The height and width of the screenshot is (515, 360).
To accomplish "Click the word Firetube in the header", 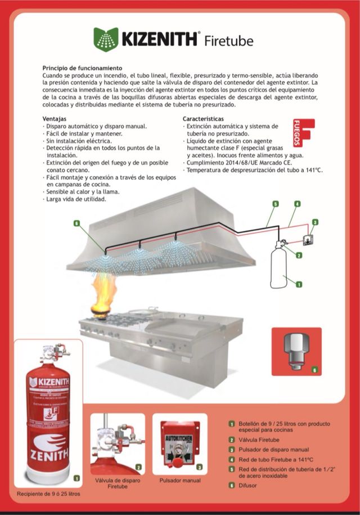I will click(x=228, y=41).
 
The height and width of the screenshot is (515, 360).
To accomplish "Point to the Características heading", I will click(x=203, y=119).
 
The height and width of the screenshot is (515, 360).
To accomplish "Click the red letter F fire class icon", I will click(x=304, y=133).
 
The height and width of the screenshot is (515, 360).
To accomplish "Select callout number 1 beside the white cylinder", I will click(x=299, y=285).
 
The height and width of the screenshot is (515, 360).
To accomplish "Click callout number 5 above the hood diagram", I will click(x=275, y=203).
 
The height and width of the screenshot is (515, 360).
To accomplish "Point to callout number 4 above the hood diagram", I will click(x=296, y=203).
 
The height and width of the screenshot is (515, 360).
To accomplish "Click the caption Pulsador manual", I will click(x=179, y=481).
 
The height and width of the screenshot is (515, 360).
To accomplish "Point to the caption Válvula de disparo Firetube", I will click(x=118, y=484).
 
